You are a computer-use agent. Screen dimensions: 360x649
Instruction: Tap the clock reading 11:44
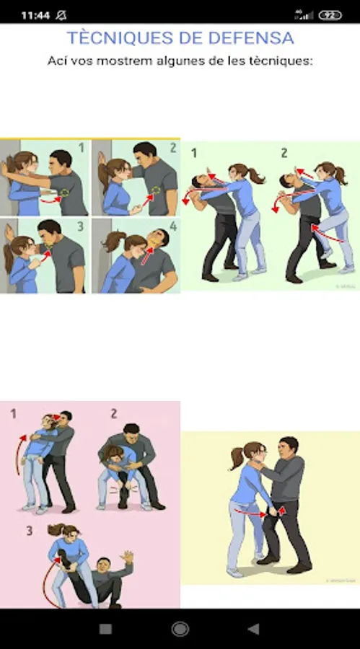tap(35, 16)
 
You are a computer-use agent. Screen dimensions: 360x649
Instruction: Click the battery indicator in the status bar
tap(330, 16)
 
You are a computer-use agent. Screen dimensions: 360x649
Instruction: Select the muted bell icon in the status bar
tap(61, 16)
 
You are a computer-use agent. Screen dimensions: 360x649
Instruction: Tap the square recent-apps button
tap(105, 629)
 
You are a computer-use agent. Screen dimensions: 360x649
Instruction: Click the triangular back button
tap(253, 629)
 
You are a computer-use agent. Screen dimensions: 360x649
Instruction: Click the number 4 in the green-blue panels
tap(173, 226)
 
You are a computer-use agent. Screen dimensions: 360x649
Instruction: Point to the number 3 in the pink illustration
tap(30, 531)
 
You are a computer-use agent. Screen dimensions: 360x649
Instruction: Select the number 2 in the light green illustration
tap(284, 153)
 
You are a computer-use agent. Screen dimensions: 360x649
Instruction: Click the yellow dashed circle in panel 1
tap(65, 193)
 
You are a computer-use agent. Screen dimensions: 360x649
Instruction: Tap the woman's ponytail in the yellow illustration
tap(236, 458)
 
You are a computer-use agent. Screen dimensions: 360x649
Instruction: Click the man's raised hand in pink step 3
tap(128, 557)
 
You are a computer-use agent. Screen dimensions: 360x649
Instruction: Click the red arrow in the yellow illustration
tap(251, 513)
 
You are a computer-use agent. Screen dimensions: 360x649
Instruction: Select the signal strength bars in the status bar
tap(304, 16)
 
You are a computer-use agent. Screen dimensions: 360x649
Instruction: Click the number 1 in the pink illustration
tap(13, 413)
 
